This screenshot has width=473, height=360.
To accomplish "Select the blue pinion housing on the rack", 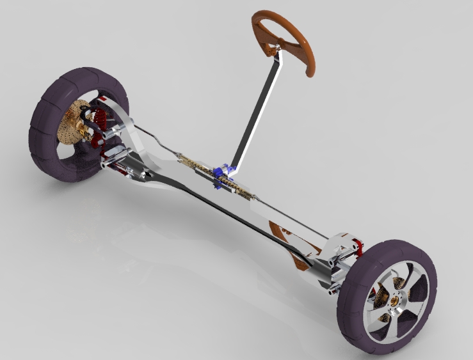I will (223, 173).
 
